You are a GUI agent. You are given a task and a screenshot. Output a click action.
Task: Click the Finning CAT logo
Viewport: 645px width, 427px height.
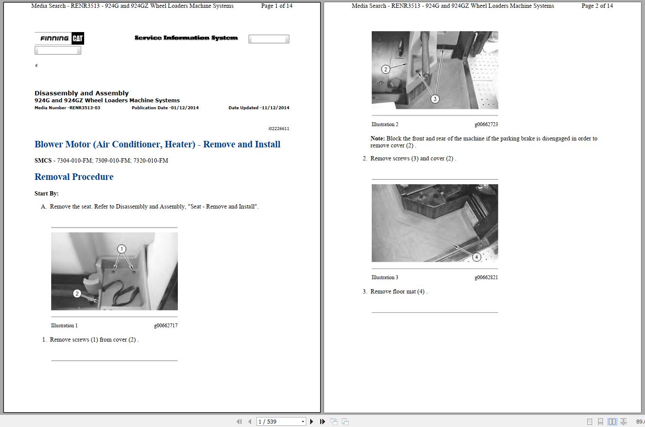tap(59, 38)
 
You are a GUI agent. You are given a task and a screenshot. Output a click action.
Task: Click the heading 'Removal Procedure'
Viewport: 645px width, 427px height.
tap(74, 177)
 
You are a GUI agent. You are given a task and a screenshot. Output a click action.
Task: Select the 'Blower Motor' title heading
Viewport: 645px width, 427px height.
tap(157, 144)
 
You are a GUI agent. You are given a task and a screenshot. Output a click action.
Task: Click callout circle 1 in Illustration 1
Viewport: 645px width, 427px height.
tap(121, 249)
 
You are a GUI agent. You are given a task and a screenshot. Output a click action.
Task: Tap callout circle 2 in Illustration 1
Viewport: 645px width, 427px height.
tap(77, 293)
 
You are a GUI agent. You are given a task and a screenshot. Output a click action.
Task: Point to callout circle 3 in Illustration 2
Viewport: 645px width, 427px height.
tap(435, 99)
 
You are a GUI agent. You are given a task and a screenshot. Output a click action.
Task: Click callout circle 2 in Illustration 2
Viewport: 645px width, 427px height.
tap(386, 69)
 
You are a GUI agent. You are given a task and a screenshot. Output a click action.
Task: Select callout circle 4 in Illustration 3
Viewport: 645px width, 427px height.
tap(476, 257)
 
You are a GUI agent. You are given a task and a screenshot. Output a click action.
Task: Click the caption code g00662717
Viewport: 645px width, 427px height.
tap(166, 326)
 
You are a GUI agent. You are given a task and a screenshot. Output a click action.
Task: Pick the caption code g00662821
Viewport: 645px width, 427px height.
tap(486, 277)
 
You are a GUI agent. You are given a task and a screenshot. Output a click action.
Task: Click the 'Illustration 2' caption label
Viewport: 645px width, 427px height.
tap(385, 124)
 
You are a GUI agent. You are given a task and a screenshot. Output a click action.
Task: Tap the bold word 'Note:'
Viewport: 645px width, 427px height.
tap(377, 139)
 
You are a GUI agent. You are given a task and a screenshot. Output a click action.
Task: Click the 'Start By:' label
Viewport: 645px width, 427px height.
tap(46, 194)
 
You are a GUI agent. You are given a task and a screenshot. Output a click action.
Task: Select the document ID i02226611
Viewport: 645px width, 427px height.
tap(278, 129)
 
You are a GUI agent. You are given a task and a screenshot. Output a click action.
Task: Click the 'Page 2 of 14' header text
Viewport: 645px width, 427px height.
tap(597, 6)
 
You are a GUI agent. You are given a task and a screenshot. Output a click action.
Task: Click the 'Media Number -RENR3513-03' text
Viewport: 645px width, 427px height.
tap(67, 108)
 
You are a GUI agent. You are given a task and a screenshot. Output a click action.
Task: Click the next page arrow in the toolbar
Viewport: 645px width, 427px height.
tap(311, 421)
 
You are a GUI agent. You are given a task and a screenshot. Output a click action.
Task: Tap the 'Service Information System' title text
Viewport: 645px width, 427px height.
tap(186, 38)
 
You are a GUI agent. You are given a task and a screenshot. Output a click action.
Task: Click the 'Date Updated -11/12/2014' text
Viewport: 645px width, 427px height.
tap(259, 108)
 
